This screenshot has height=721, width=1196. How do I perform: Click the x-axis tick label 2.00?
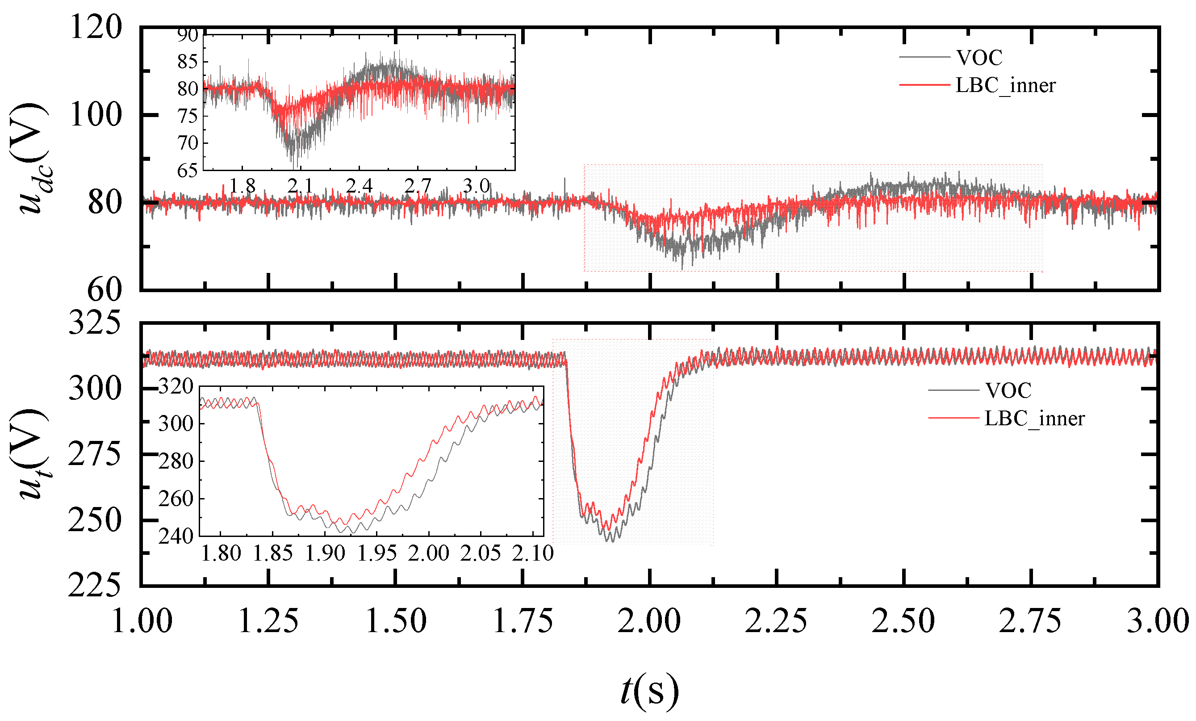click(649, 621)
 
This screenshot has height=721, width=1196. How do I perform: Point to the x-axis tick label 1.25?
click(268, 621)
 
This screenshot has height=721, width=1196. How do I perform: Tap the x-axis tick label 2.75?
click(1030, 621)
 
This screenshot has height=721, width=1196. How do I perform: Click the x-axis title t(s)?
click(649, 691)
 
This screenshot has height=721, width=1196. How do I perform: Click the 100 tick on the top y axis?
click(96, 115)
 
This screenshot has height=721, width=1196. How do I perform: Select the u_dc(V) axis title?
click(30, 158)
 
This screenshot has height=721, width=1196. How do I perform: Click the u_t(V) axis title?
click(30, 454)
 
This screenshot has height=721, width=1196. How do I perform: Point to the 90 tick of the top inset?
click(188, 35)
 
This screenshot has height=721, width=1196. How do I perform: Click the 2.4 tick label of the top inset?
click(359, 185)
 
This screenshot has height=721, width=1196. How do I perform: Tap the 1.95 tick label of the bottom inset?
click(376, 553)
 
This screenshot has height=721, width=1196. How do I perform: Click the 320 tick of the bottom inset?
click(176, 387)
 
